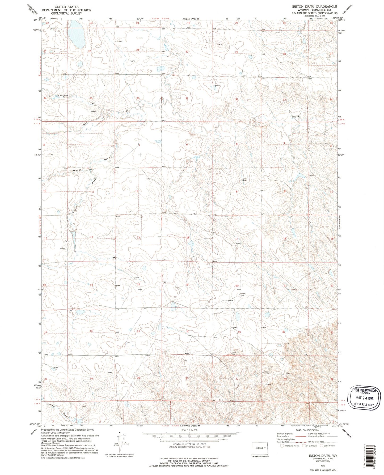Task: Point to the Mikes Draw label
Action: click(x=58, y=410)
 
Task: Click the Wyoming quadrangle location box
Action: click(x=260, y=448)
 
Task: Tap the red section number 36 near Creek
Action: click(x=138, y=98)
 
